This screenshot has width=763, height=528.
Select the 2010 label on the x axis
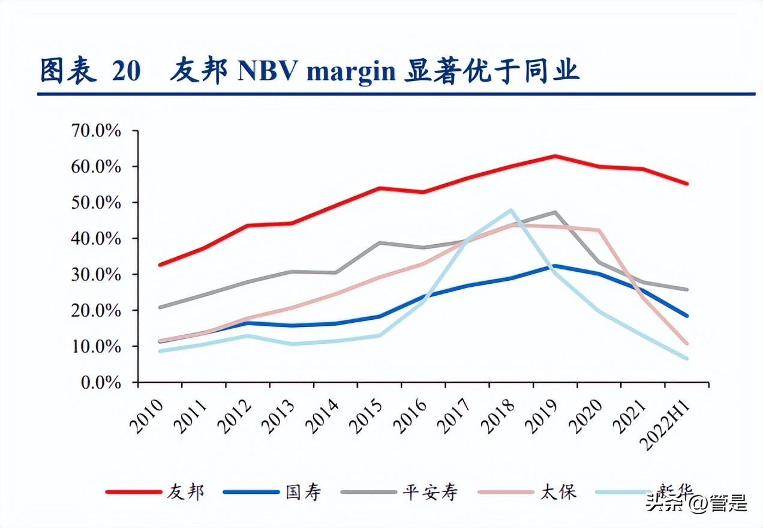coord(148,414)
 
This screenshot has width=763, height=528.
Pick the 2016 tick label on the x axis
coord(411,414)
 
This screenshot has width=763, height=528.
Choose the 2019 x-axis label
coord(543,414)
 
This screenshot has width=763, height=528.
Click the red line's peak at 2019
coord(555,156)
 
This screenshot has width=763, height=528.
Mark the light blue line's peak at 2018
coord(511,210)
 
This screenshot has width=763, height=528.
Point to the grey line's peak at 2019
coord(555,212)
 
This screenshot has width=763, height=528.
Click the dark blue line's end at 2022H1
coord(687,316)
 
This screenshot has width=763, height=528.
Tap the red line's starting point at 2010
coord(160,265)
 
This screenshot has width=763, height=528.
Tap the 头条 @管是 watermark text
coord(696,503)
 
